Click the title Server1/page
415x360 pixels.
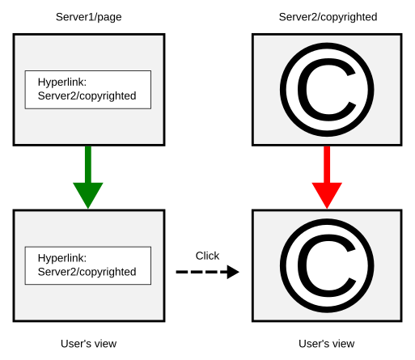88,17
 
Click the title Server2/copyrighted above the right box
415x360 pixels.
328,17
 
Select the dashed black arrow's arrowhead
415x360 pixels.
233,272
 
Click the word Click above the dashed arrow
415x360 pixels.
207,256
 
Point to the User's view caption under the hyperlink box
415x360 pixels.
88,344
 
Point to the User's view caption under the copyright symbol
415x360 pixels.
326,344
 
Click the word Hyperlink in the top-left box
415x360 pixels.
62,83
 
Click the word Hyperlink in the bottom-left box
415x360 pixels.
62,258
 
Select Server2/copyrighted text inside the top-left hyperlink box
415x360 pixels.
87,96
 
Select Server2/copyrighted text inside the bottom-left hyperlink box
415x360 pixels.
87,272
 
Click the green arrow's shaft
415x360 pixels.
88,164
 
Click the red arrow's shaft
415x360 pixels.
327,164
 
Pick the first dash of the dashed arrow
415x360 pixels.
181,272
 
